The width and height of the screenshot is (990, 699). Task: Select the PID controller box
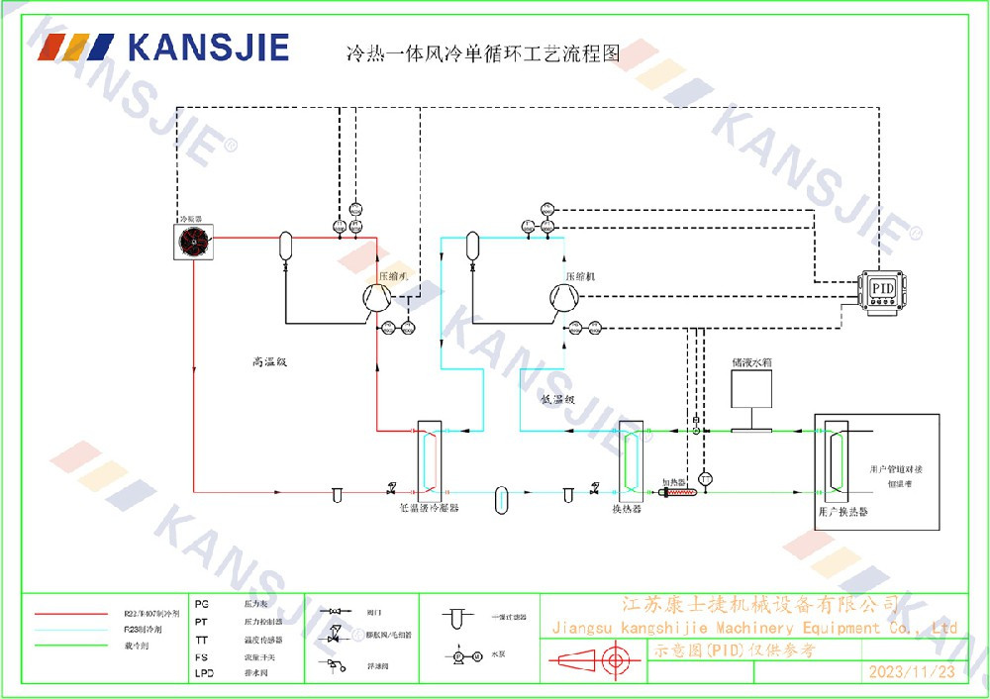[883, 288]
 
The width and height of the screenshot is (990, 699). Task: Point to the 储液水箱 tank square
[751, 390]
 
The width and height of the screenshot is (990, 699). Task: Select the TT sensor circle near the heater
[705, 478]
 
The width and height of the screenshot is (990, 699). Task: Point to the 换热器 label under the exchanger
[627, 509]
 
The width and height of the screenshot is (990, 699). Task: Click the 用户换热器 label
[843, 513]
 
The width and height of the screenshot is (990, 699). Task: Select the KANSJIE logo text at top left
[208, 48]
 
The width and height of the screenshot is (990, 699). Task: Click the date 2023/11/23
[912, 672]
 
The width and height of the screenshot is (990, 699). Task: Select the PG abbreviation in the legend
[203, 603]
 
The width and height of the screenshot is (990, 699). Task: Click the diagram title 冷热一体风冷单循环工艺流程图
[481, 54]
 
